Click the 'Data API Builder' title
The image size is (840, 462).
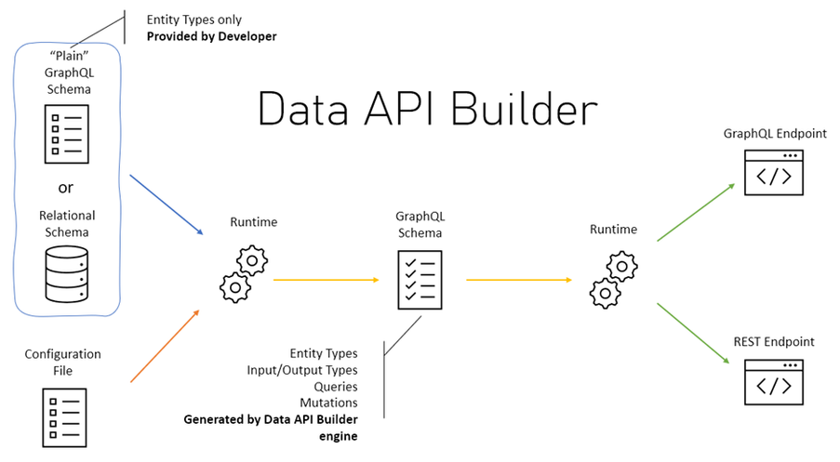pyautogui.click(x=426, y=110)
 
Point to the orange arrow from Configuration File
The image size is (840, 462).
pyautogui.click(x=165, y=345)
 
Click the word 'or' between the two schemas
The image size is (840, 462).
pyautogui.click(x=66, y=187)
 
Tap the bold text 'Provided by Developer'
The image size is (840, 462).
pyautogui.click(x=211, y=36)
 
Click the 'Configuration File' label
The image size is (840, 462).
pyautogui.click(x=62, y=363)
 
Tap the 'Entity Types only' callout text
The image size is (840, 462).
pyautogui.click(x=195, y=20)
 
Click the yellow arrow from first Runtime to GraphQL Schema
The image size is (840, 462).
pyautogui.click(x=325, y=280)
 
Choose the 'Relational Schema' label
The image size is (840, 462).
pyautogui.click(x=67, y=223)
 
